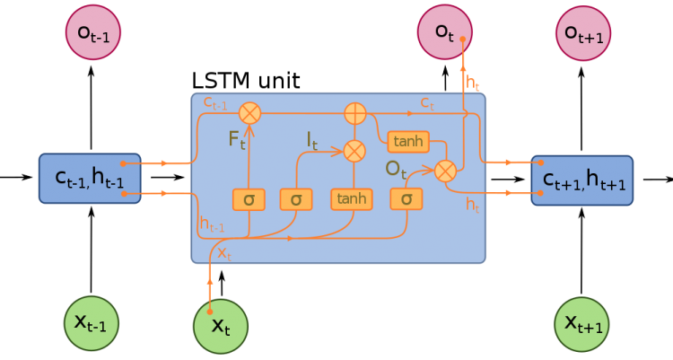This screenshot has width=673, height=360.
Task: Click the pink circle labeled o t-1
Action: (92, 33)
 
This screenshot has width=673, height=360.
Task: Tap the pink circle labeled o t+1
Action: (582, 33)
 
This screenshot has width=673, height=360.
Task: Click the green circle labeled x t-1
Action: (91, 323)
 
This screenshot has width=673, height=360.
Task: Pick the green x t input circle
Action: (221, 326)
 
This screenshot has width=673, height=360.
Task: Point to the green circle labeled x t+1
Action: (581, 323)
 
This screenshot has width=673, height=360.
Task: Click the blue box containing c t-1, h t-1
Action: (90, 179)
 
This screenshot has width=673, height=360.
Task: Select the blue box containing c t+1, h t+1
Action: (582, 180)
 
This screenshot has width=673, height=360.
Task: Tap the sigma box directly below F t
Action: (248, 198)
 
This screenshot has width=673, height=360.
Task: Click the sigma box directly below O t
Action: (406, 198)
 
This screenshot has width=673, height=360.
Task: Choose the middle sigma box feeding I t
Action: (295, 198)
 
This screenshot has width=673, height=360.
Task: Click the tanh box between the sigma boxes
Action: (351, 198)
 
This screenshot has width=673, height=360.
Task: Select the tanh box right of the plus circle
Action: (408, 141)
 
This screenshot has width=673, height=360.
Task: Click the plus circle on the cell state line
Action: (355, 113)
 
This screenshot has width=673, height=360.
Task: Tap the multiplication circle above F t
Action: (249, 112)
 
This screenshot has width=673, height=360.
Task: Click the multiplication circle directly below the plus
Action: (355, 150)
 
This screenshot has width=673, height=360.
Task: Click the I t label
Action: (312, 140)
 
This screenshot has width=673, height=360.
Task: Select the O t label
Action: (398, 169)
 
